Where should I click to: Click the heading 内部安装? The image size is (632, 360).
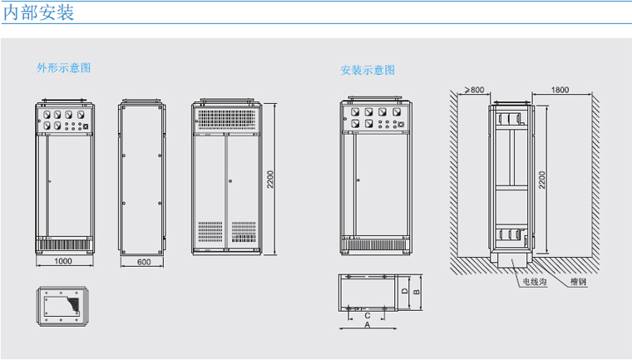38,12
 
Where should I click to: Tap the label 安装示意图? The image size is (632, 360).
368,70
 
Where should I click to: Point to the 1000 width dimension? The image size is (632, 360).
64,261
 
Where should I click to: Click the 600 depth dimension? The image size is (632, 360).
144,261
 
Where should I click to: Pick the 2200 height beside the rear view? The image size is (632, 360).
271,179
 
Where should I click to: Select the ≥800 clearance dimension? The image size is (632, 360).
475,88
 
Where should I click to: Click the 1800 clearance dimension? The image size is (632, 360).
560,88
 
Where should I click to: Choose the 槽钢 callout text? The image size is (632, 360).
579,283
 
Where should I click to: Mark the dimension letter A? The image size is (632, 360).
368,327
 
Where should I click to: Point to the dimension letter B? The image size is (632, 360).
415,293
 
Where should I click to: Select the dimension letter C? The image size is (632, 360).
367,314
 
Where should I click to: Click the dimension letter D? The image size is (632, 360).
402,293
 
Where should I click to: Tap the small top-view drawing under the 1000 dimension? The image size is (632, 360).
62,303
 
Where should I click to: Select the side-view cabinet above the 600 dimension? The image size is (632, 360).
142,176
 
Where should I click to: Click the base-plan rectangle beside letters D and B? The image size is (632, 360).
367,292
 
